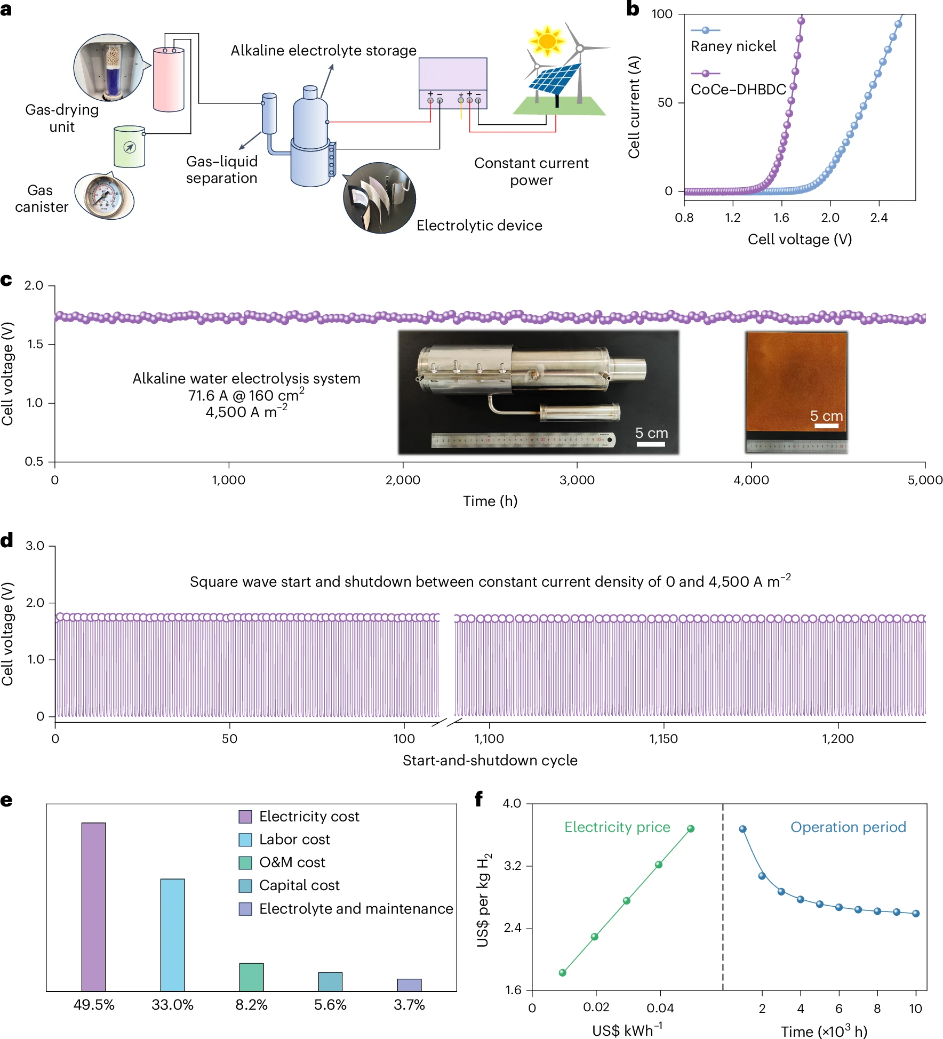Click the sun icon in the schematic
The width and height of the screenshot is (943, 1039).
[x=547, y=41]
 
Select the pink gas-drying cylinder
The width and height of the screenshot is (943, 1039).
[x=169, y=79]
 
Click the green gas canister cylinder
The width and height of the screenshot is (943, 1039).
[x=130, y=147]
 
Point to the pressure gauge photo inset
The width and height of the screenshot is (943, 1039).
[x=105, y=196]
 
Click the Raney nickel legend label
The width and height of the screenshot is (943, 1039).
[x=733, y=46]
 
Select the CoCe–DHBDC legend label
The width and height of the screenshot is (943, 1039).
[x=738, y=90]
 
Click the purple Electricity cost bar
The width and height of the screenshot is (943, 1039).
[x=93, y=907]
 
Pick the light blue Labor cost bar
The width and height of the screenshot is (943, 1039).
[x=172, y=935]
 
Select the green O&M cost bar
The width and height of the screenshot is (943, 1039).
[x=251, y=977]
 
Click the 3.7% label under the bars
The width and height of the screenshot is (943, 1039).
[x=409, y=1005]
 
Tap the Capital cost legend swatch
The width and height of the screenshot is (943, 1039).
[x=245, y=886]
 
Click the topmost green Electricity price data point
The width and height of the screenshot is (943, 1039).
[x=691, y=829]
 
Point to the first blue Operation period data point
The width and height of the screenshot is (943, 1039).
[x=742, y=829]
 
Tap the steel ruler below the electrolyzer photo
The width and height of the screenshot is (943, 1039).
[x=523, y=440]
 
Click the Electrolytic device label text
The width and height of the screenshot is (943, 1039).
[x=479, y=226]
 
